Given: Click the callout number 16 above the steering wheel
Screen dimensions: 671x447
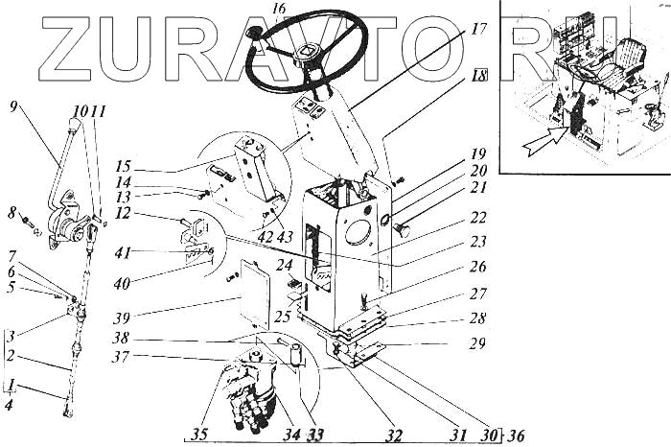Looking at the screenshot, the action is (x=279, y=8).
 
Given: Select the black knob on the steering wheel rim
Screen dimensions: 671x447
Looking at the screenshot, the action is (x=252, y=33).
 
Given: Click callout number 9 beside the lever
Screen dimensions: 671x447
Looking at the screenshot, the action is (x=13, y=106).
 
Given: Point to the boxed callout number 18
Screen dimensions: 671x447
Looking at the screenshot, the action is (x=479, y=76).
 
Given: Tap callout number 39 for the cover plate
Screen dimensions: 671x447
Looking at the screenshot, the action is (x=121, y=318).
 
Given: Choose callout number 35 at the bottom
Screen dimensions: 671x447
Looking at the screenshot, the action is (x=199, y=435).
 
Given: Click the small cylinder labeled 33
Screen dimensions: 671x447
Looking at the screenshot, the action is (x=294, y=355).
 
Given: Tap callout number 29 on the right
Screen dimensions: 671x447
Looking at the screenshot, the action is (x=477, y=343).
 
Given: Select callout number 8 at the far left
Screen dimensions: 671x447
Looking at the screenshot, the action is (x=12, y=213).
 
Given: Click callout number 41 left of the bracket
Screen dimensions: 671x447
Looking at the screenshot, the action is (x=122, y=253).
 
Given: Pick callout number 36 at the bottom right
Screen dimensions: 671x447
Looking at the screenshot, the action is (x=516, y=436).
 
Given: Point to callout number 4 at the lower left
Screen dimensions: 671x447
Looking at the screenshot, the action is (x=9, y=404).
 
